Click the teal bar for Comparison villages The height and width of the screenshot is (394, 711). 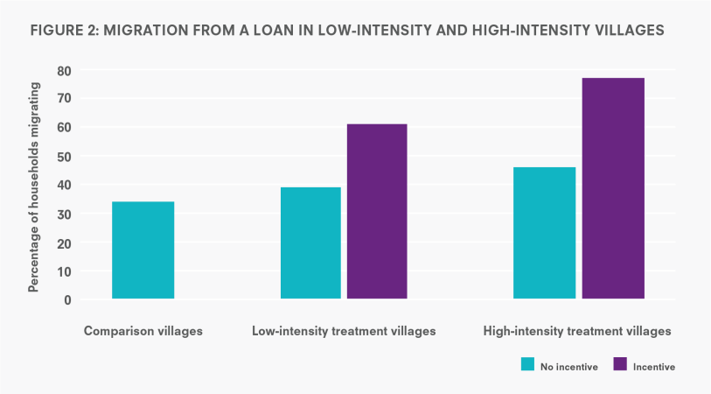143,250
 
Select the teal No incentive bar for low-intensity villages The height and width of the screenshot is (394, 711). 310,243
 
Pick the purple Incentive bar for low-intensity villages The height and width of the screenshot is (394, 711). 377,212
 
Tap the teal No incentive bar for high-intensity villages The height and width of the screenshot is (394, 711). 544,233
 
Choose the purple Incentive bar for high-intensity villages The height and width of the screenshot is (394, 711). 612,188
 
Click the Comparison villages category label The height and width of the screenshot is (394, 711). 143,332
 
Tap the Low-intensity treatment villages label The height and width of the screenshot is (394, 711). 344,332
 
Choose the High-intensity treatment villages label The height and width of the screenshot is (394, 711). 577,332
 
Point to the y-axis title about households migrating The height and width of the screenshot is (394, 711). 35,186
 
